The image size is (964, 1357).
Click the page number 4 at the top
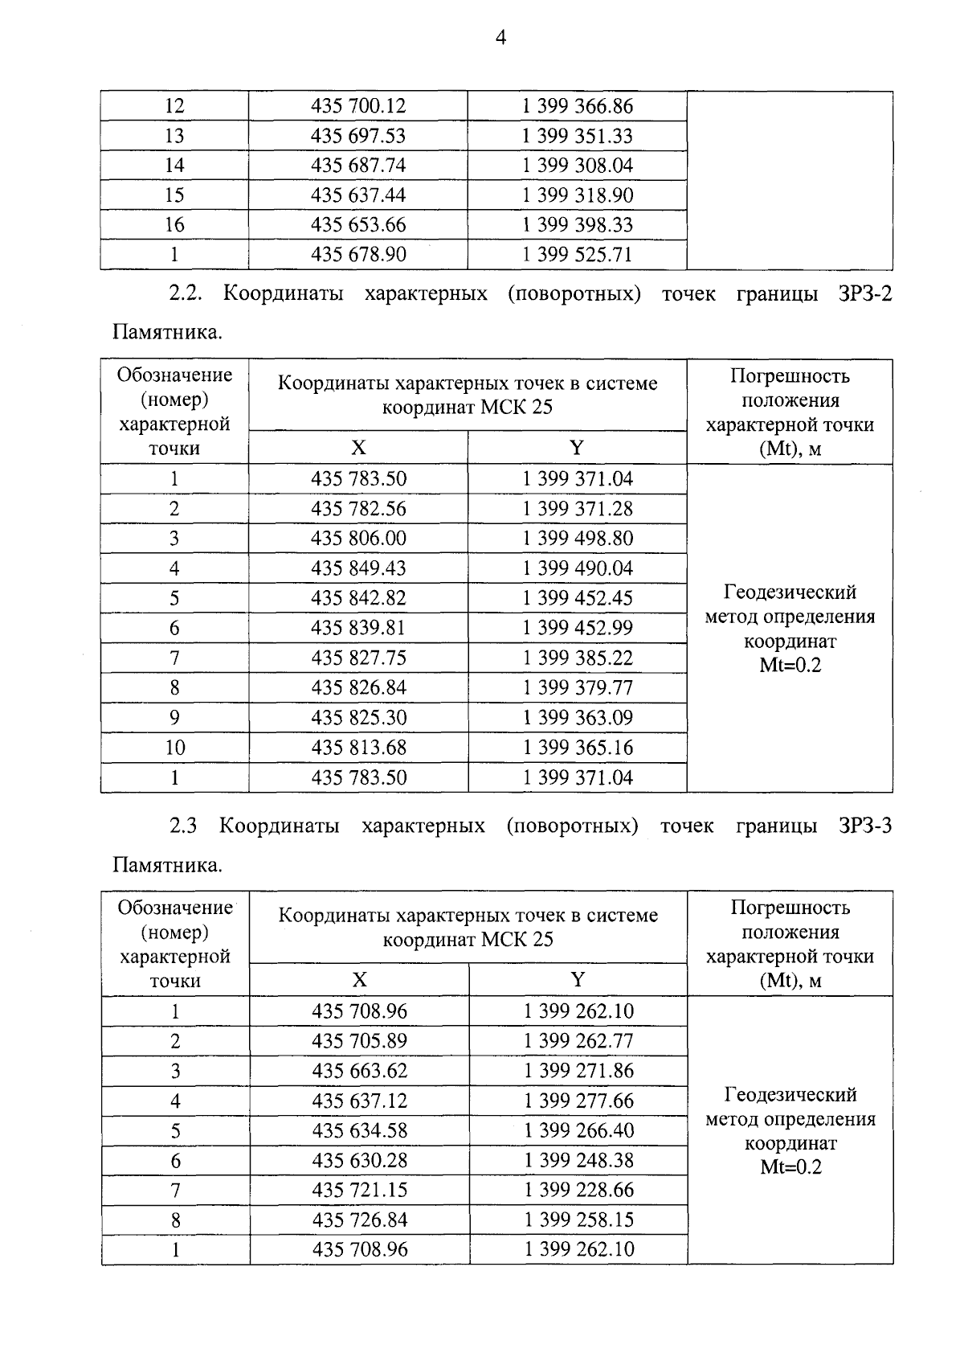pos(500,38)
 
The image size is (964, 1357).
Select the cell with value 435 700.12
pos(358,106)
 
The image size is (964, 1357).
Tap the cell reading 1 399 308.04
pos(578,166)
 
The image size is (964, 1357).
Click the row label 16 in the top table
pos(174,225)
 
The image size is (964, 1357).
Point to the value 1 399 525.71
pos(578,255)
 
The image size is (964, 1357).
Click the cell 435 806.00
pos(358,538)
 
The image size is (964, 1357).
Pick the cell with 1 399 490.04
pos(578,568)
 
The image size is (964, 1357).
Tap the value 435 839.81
pos(358,628)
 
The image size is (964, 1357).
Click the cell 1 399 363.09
pos(578,717)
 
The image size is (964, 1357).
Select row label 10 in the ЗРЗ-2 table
pos(174,748)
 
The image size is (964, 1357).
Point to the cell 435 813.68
pos(358,748)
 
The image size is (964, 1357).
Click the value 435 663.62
pos(359,1071)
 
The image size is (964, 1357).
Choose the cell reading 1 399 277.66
pos(578,1101)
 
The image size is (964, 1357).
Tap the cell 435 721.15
pos(359,1190)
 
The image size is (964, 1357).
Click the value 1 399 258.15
pos(578,1220)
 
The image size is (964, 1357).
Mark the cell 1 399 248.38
pos(578,1160)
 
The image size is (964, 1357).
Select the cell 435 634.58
pos(359,1130)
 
